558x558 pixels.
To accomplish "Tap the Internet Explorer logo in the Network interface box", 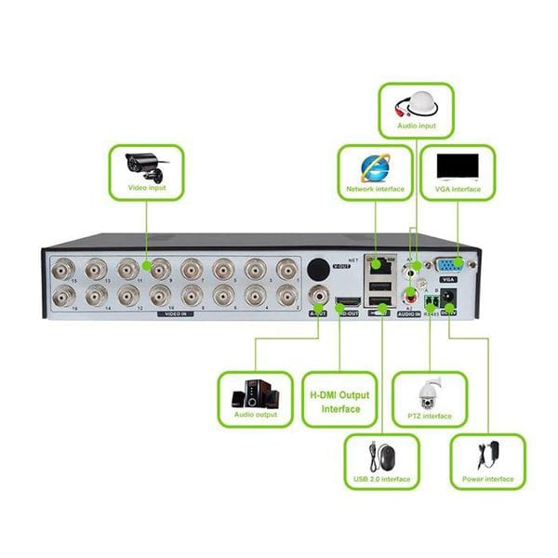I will click(377, 166).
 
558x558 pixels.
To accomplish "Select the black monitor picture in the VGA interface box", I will click(458, 166).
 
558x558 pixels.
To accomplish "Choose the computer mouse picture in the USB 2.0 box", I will click(381, 458).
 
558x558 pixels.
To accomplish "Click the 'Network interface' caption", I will click(377, 189).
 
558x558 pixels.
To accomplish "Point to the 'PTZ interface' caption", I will click(429, 416).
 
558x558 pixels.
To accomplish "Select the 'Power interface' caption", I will click(487, 479).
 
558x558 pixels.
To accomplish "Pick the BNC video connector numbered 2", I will click(286, 296).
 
